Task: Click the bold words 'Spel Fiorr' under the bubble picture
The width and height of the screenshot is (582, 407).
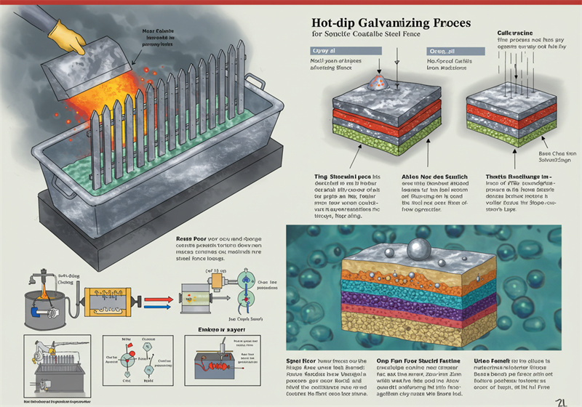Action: pos(303,360)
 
